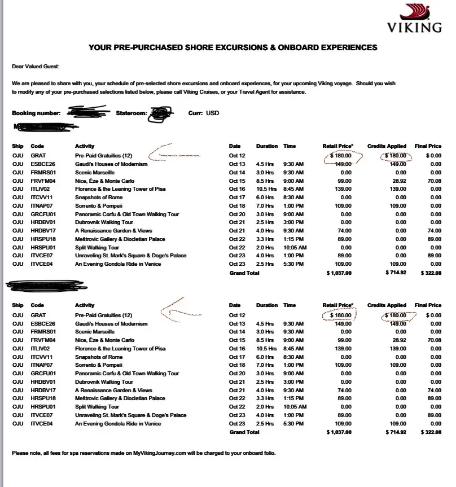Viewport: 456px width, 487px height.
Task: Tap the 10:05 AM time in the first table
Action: (295, 247)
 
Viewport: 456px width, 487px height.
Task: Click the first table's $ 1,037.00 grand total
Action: (339, 273)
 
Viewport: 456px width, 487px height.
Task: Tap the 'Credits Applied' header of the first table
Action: (387, 146)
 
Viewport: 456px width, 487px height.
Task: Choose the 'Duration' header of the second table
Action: (267, 305)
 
